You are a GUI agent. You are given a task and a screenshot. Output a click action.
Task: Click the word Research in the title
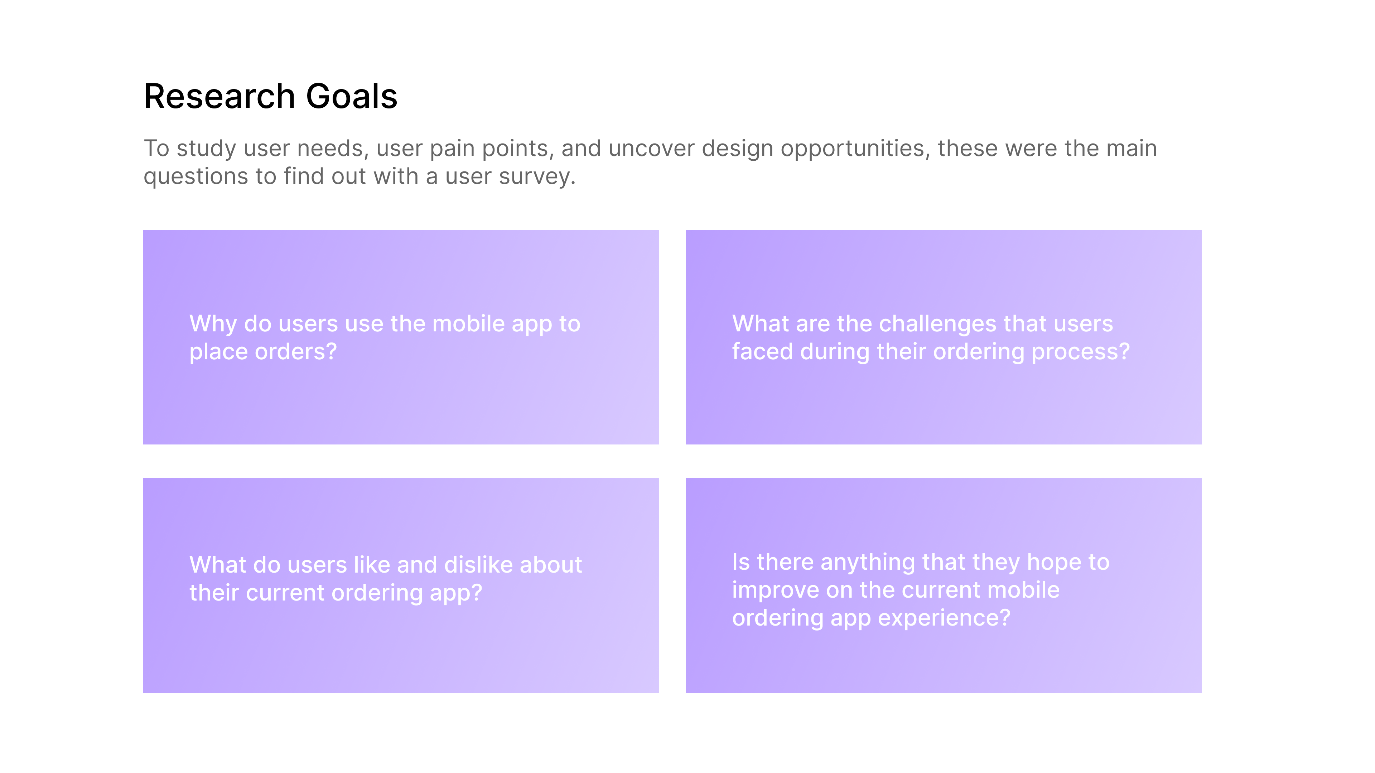(x=219, y=97)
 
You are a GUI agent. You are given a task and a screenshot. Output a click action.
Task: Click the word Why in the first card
(x=213, y=324)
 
